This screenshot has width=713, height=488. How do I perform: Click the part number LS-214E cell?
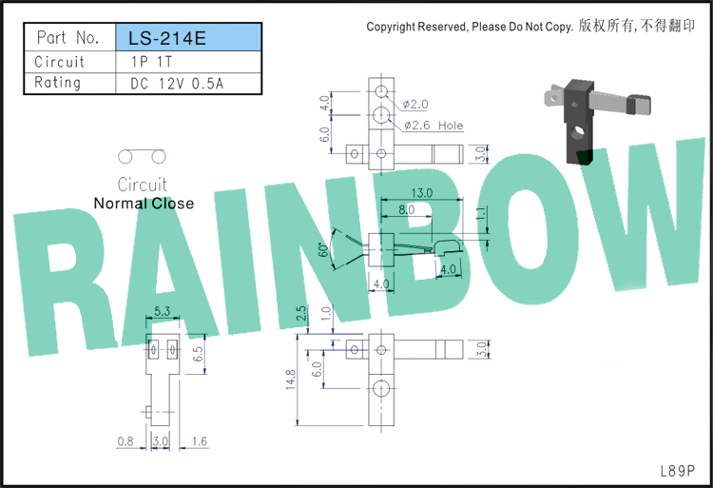tap(189, 37)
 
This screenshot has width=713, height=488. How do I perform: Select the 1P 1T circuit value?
tap(151, 62)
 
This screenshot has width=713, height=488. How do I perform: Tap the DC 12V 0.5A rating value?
tap(177, 83)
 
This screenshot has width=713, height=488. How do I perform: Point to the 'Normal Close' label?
tap(144, 204)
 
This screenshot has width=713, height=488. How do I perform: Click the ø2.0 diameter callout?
tap(415, 104)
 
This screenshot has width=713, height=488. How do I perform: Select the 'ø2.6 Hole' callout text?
tap(434, 126)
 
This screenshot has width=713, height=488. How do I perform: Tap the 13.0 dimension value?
tap(421, 193)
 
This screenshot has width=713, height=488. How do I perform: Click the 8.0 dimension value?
tap(407, 209)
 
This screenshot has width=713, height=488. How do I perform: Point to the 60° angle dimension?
tap(323, 249)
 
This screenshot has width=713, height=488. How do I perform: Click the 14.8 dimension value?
tap(291, 380)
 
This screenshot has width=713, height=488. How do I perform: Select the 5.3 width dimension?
tap(162, 311)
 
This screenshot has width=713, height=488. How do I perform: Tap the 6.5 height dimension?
tap(198, 354)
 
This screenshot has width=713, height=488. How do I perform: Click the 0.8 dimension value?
tap(125, 441)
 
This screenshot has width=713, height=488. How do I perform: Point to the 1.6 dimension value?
tap(200, 441)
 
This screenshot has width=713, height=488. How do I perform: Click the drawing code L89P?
tap(678, 471)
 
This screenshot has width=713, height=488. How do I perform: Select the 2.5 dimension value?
tap(301, 313)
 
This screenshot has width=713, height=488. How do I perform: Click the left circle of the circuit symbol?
tap(125, 156)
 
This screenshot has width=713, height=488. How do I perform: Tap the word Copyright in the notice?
tap(391, 27)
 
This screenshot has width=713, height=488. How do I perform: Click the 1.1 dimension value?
tap(481, 213)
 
